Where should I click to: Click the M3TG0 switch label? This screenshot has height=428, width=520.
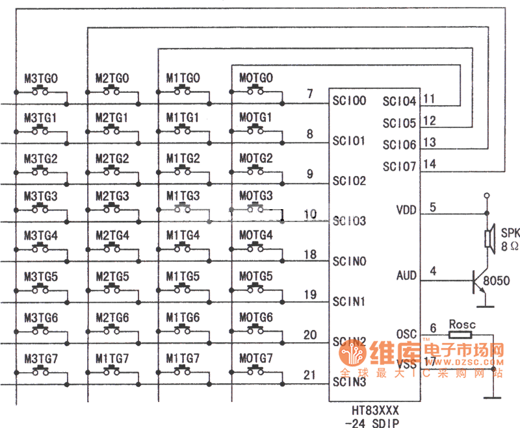(41, 79)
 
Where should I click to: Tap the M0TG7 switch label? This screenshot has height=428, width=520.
(255, 359)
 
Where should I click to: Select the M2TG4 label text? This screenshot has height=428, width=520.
(112, 234)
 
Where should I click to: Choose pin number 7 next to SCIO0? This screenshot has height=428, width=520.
(310, 94)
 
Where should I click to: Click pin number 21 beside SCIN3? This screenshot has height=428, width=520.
(310, 375)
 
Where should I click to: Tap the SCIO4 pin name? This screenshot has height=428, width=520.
(398, 101)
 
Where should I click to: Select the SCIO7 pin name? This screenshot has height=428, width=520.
(398, 166)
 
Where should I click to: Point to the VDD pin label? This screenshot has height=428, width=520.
(407, 210)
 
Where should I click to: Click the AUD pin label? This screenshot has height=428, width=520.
(406, 276)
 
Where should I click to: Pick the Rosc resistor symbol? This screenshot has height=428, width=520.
(460, 335)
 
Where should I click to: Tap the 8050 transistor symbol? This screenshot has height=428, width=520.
(481, 283)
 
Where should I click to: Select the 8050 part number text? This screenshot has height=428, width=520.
(497, 281)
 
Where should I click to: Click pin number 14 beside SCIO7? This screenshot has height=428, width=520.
(429, 164)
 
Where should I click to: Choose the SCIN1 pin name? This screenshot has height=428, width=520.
(348, 301)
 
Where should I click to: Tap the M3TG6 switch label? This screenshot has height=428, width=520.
(41, 318)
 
